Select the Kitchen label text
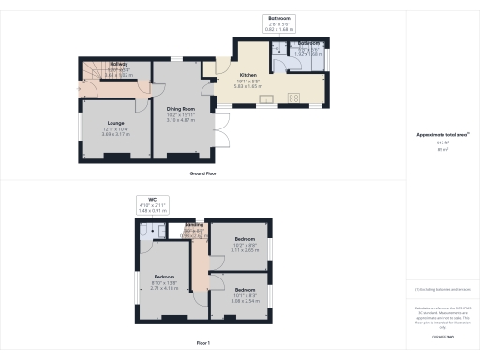[247, 75]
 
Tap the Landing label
[195, 225]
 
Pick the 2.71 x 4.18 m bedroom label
[163, 277]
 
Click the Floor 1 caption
[204, 344]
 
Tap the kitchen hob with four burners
[293, 97]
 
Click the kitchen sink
[266, 97]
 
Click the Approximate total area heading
[442, 135]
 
